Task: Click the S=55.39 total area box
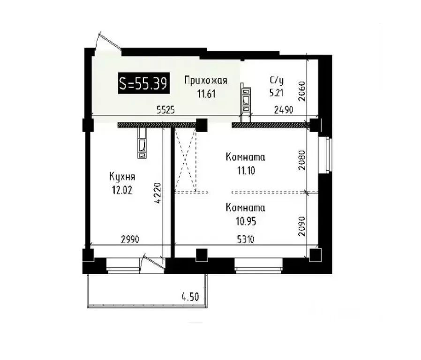pos(144,83)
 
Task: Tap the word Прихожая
pos(205,81)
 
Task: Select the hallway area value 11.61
pos(206,93)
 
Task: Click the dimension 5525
pos(165,111)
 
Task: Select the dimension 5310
pos(245,240)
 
